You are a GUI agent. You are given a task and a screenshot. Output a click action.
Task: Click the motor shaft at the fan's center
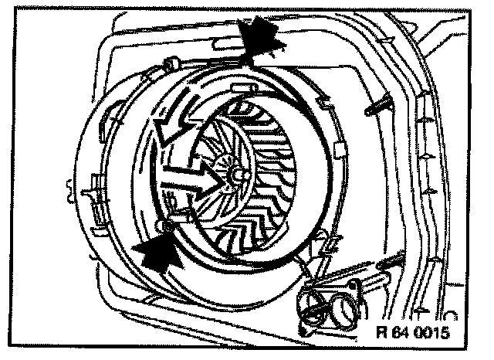234,175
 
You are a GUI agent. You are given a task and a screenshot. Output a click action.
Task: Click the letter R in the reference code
381,334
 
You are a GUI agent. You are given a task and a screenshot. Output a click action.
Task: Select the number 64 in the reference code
398,334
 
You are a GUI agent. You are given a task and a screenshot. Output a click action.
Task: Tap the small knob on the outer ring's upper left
171,62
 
